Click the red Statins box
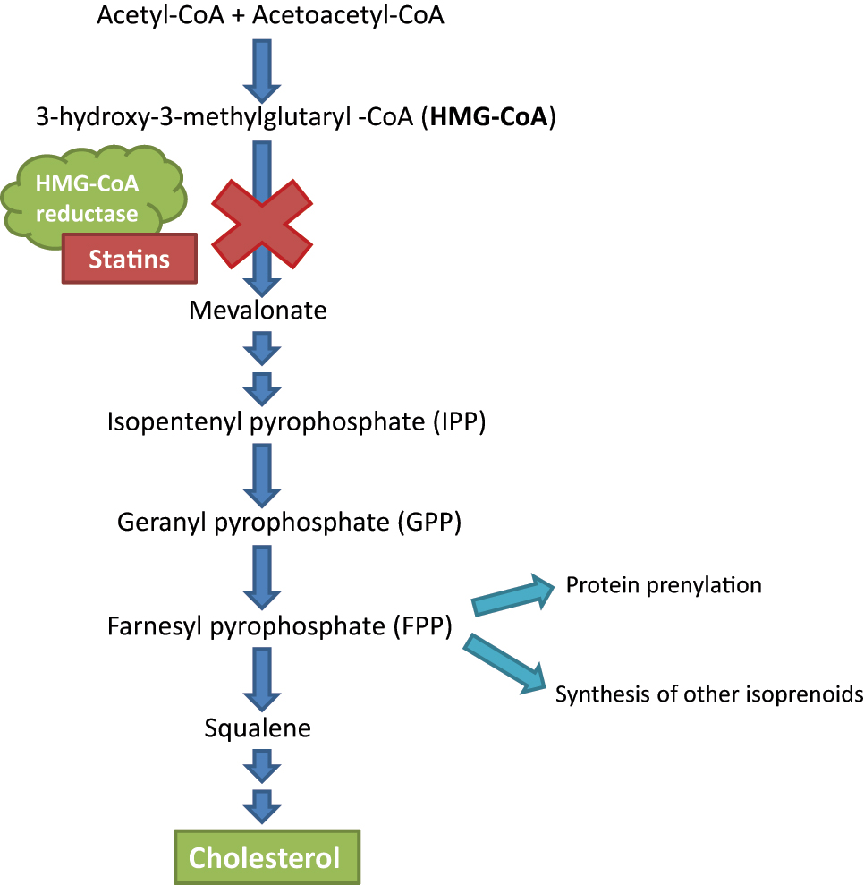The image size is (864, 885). [x=129, y=259]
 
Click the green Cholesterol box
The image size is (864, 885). [x=265, y=858]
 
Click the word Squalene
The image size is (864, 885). [x=258, y=728]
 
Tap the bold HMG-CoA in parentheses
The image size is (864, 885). [x=487, y=116]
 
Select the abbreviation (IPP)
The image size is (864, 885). [x=453, y=421]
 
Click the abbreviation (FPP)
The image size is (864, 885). [x=422, y=625]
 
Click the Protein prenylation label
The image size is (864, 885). [x=664, y=585]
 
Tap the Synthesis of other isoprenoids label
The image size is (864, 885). [x=709, y=694]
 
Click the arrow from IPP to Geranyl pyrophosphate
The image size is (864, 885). [x=262, y=472]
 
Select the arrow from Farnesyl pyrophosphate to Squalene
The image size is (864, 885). [x=262, y=677]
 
